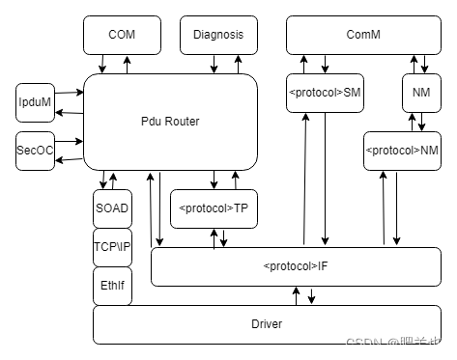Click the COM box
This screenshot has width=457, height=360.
(x=122, y=35)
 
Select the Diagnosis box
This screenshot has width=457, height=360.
(x=218, y=35)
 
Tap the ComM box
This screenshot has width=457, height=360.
(x=363, y=35)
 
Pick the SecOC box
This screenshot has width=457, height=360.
(x=36, y=151)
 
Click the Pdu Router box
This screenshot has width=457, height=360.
(x=170, y=122)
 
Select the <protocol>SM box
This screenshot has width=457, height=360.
(x=325, y=93)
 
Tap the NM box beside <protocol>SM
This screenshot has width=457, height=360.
(x=421, y=93)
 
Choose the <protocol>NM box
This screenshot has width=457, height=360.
(x=402, y=151)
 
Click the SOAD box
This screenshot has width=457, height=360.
(x=112, y=208)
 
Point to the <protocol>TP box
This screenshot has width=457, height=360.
(x=214, y=208)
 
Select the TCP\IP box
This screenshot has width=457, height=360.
(x=112, y=247)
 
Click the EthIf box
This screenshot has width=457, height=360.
(x=112, y=286)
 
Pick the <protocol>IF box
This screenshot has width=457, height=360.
(x=296, y=266)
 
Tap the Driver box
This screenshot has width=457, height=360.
(x=267, y=324)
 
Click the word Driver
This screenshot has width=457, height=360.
(x=267, y=324)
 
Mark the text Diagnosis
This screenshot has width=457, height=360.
(x=218, y=35)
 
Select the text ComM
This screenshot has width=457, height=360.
(x=363, y=35)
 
